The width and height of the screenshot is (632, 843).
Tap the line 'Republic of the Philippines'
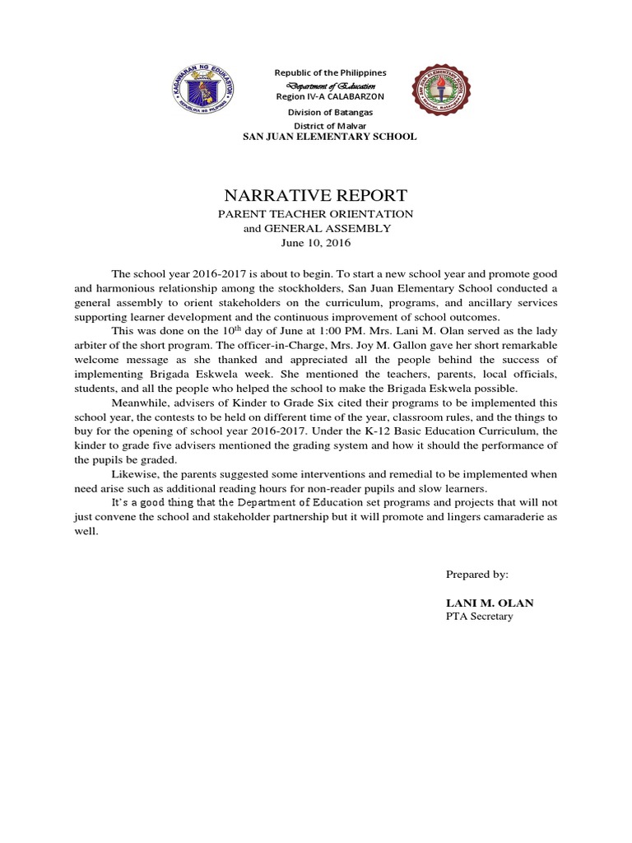coord(330,73)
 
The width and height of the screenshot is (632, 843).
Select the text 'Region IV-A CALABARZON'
coord(329,97)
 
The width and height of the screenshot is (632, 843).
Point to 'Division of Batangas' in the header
coord(329,112)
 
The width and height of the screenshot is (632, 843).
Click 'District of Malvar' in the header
coord(329,125)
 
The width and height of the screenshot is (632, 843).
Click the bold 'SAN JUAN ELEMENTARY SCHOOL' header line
coord(328,137)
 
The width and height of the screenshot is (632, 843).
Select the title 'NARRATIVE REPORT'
coord(315,196)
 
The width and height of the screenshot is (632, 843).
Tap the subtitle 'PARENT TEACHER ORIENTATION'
coord(315,214)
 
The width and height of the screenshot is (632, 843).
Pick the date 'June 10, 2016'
coord(316,243)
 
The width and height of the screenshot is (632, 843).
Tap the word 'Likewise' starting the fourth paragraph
coord(132,474)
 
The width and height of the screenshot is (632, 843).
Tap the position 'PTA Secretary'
coord(479,617)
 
